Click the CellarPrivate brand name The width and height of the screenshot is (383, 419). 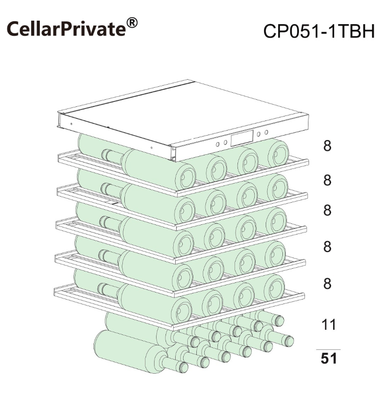click(x=66, y=29)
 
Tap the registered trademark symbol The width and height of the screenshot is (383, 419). click(x=132, y=23)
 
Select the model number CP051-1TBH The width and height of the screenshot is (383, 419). click(x=319, y=31)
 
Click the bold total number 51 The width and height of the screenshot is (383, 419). click(x=329, y=358)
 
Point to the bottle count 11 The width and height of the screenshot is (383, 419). click(x=329, y=324)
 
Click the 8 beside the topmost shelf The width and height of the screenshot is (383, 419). click(x=327, y=146)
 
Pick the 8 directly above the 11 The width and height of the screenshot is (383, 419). click(x=327, y=283)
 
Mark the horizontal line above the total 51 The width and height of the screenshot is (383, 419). click(x=328, y=349)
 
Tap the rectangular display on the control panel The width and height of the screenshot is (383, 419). click(x=242, y=138)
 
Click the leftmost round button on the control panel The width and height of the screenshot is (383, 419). click(x=217, y=144)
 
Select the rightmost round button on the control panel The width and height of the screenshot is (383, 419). click(x=266, y=132)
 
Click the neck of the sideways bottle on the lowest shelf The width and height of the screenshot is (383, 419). click(x=108, y=289)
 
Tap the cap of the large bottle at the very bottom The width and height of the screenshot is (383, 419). click(x=183, y=367)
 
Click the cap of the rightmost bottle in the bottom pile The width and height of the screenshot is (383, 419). click(x=288, y=341)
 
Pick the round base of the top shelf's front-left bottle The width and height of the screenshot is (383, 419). click(x=186, y=177)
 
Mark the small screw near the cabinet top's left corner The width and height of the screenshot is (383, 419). click(x=71, y=124)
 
